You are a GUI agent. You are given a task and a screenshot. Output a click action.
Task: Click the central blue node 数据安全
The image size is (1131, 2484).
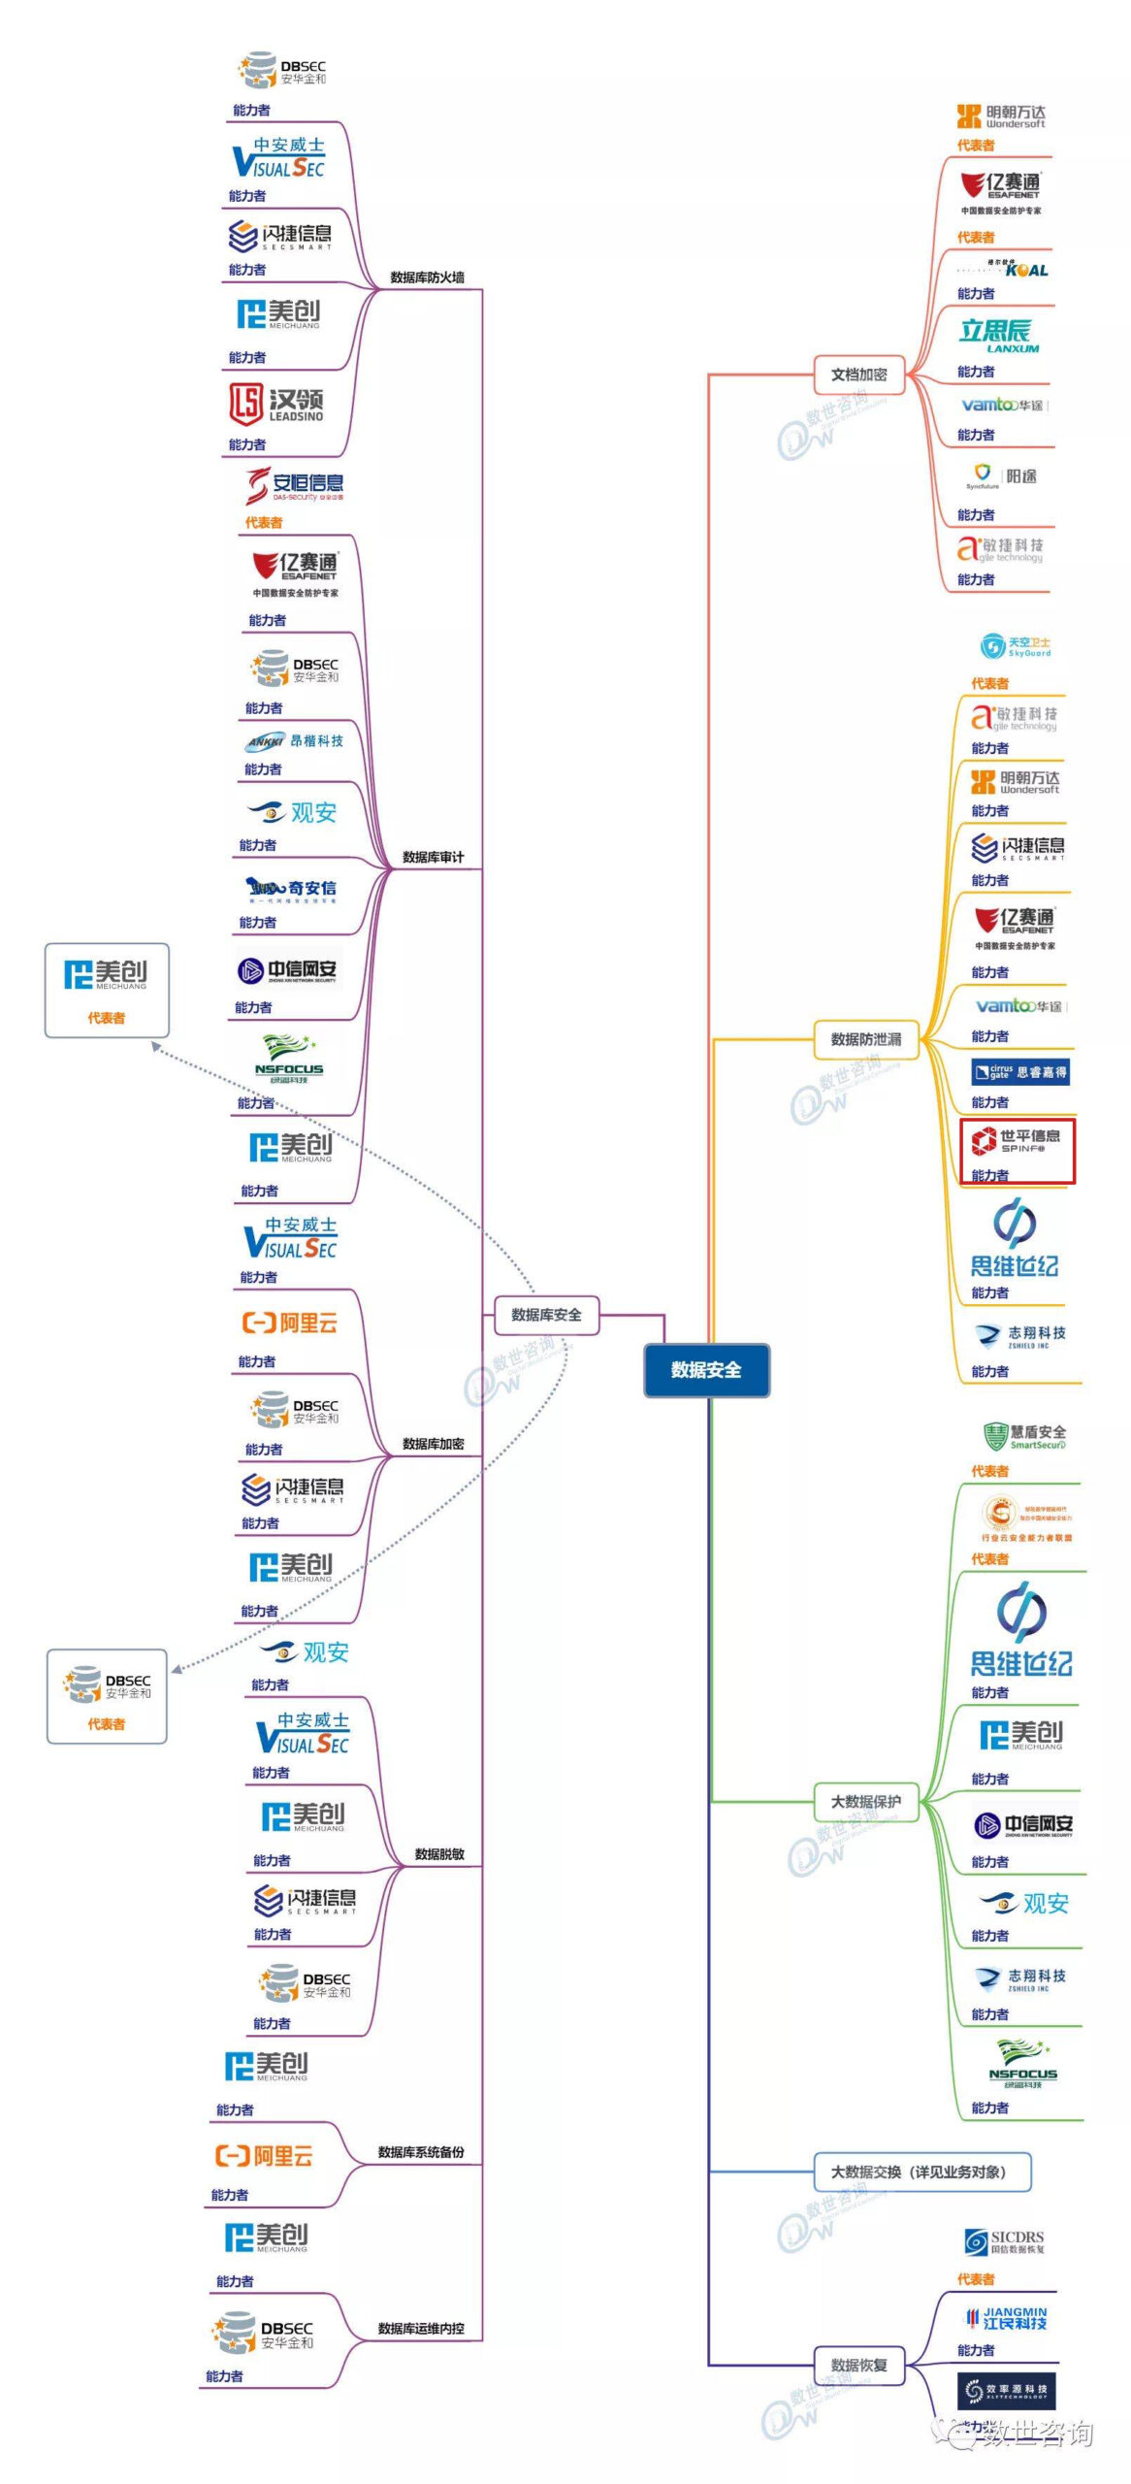[706, 1369]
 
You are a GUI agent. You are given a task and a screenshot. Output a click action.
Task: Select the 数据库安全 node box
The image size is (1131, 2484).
[546, 1315]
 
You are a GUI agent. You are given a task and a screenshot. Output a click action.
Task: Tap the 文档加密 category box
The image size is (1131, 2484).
[858, 375]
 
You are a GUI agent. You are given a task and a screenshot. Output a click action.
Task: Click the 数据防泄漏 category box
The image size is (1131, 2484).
[865, 1039]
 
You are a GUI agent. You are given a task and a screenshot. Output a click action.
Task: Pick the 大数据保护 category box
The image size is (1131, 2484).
[865, 1802]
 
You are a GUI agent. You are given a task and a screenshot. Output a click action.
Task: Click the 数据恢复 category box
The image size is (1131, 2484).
[858, 2365]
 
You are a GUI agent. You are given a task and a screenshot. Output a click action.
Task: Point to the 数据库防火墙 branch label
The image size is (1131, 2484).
[427, 278]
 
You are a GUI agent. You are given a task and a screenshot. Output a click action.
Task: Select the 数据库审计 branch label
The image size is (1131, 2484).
[433, 857]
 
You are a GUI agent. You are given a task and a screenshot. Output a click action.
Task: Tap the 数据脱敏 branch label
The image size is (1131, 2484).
[439, 1854]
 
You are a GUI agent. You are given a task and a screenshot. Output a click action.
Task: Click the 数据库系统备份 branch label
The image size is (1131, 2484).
[421, 2152]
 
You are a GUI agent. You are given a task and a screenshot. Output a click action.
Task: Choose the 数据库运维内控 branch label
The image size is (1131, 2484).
[421, 2329]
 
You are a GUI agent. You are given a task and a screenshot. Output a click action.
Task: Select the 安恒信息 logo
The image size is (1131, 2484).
[295, 485]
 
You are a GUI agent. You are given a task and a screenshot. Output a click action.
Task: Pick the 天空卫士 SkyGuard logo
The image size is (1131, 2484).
[1015, 646]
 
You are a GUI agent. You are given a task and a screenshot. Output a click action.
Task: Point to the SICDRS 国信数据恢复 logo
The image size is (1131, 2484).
[1004, 2242]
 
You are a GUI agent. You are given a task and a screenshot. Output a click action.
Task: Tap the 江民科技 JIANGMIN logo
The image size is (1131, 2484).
[1006, 2318]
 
